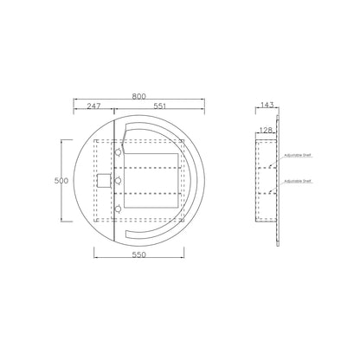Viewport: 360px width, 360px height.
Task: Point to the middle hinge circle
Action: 118,180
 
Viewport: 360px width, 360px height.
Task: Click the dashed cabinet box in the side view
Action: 266,180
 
